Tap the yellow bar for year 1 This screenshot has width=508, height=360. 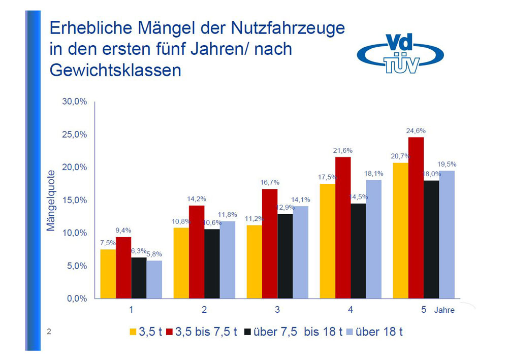coord(108,274)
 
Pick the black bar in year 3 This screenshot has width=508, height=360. coord(285,256)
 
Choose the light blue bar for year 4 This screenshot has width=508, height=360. coord(373,239)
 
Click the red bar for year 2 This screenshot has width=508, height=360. coord(197,251)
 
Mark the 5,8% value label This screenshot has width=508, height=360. coord(154,254)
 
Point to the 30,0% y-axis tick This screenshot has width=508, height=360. coord(75,102)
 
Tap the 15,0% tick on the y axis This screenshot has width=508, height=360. coord(75,200)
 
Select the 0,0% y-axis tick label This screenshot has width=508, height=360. coord(76,299)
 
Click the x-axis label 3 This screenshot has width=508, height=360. coord(277,310)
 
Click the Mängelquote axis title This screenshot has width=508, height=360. coord(51,200)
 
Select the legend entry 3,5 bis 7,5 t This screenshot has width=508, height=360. coord(206,332)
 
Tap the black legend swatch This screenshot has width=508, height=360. coord(248,333)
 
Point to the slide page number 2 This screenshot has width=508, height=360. coord(49,332)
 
